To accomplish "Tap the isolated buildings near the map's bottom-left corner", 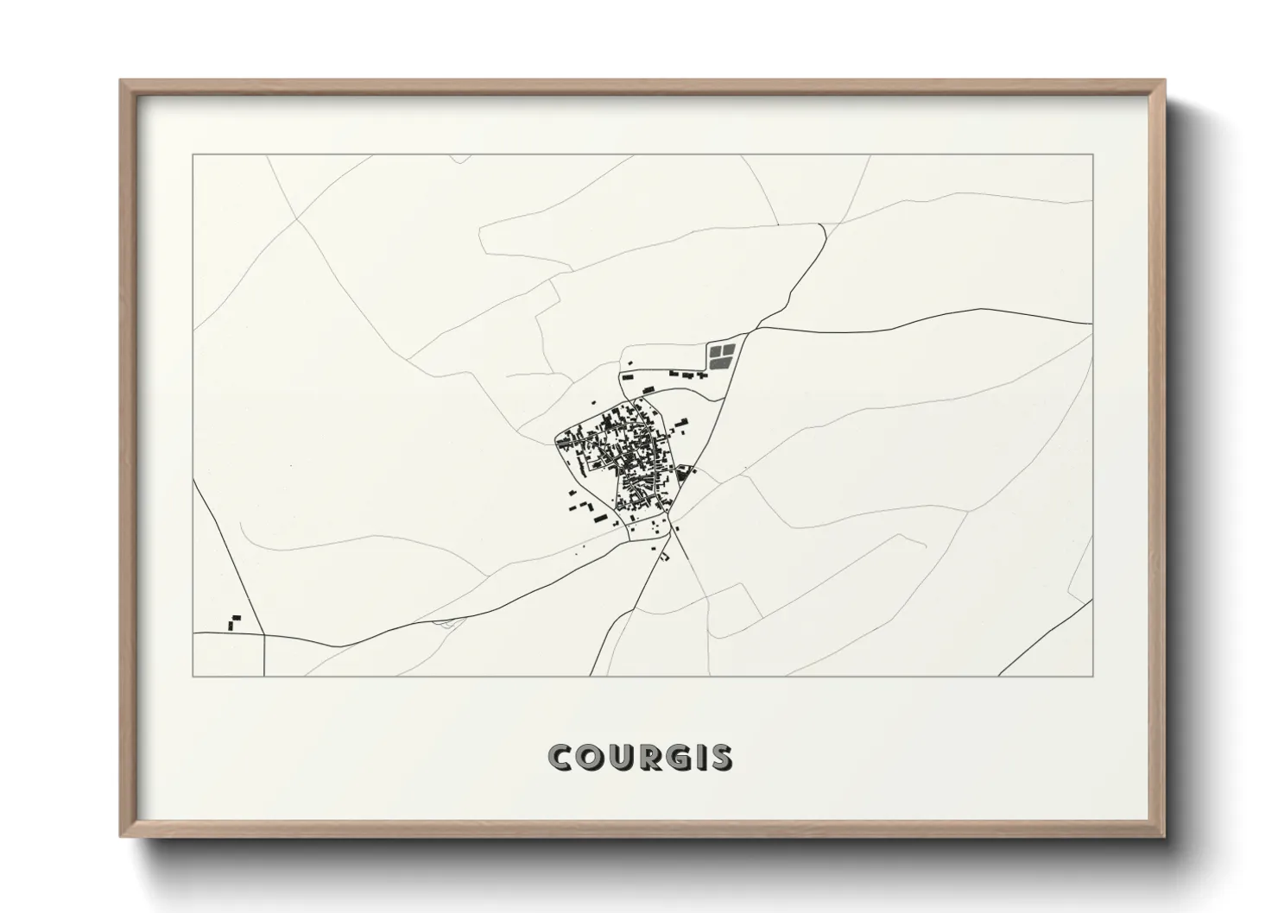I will point(232,622).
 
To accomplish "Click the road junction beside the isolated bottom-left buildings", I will point(263,634).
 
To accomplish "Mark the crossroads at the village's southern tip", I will point(671,531).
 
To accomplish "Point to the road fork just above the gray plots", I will point(758,328).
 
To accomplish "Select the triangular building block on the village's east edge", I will point(685,473).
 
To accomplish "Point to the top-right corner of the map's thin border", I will point(1092,154).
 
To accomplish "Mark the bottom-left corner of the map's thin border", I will point(193,676).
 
